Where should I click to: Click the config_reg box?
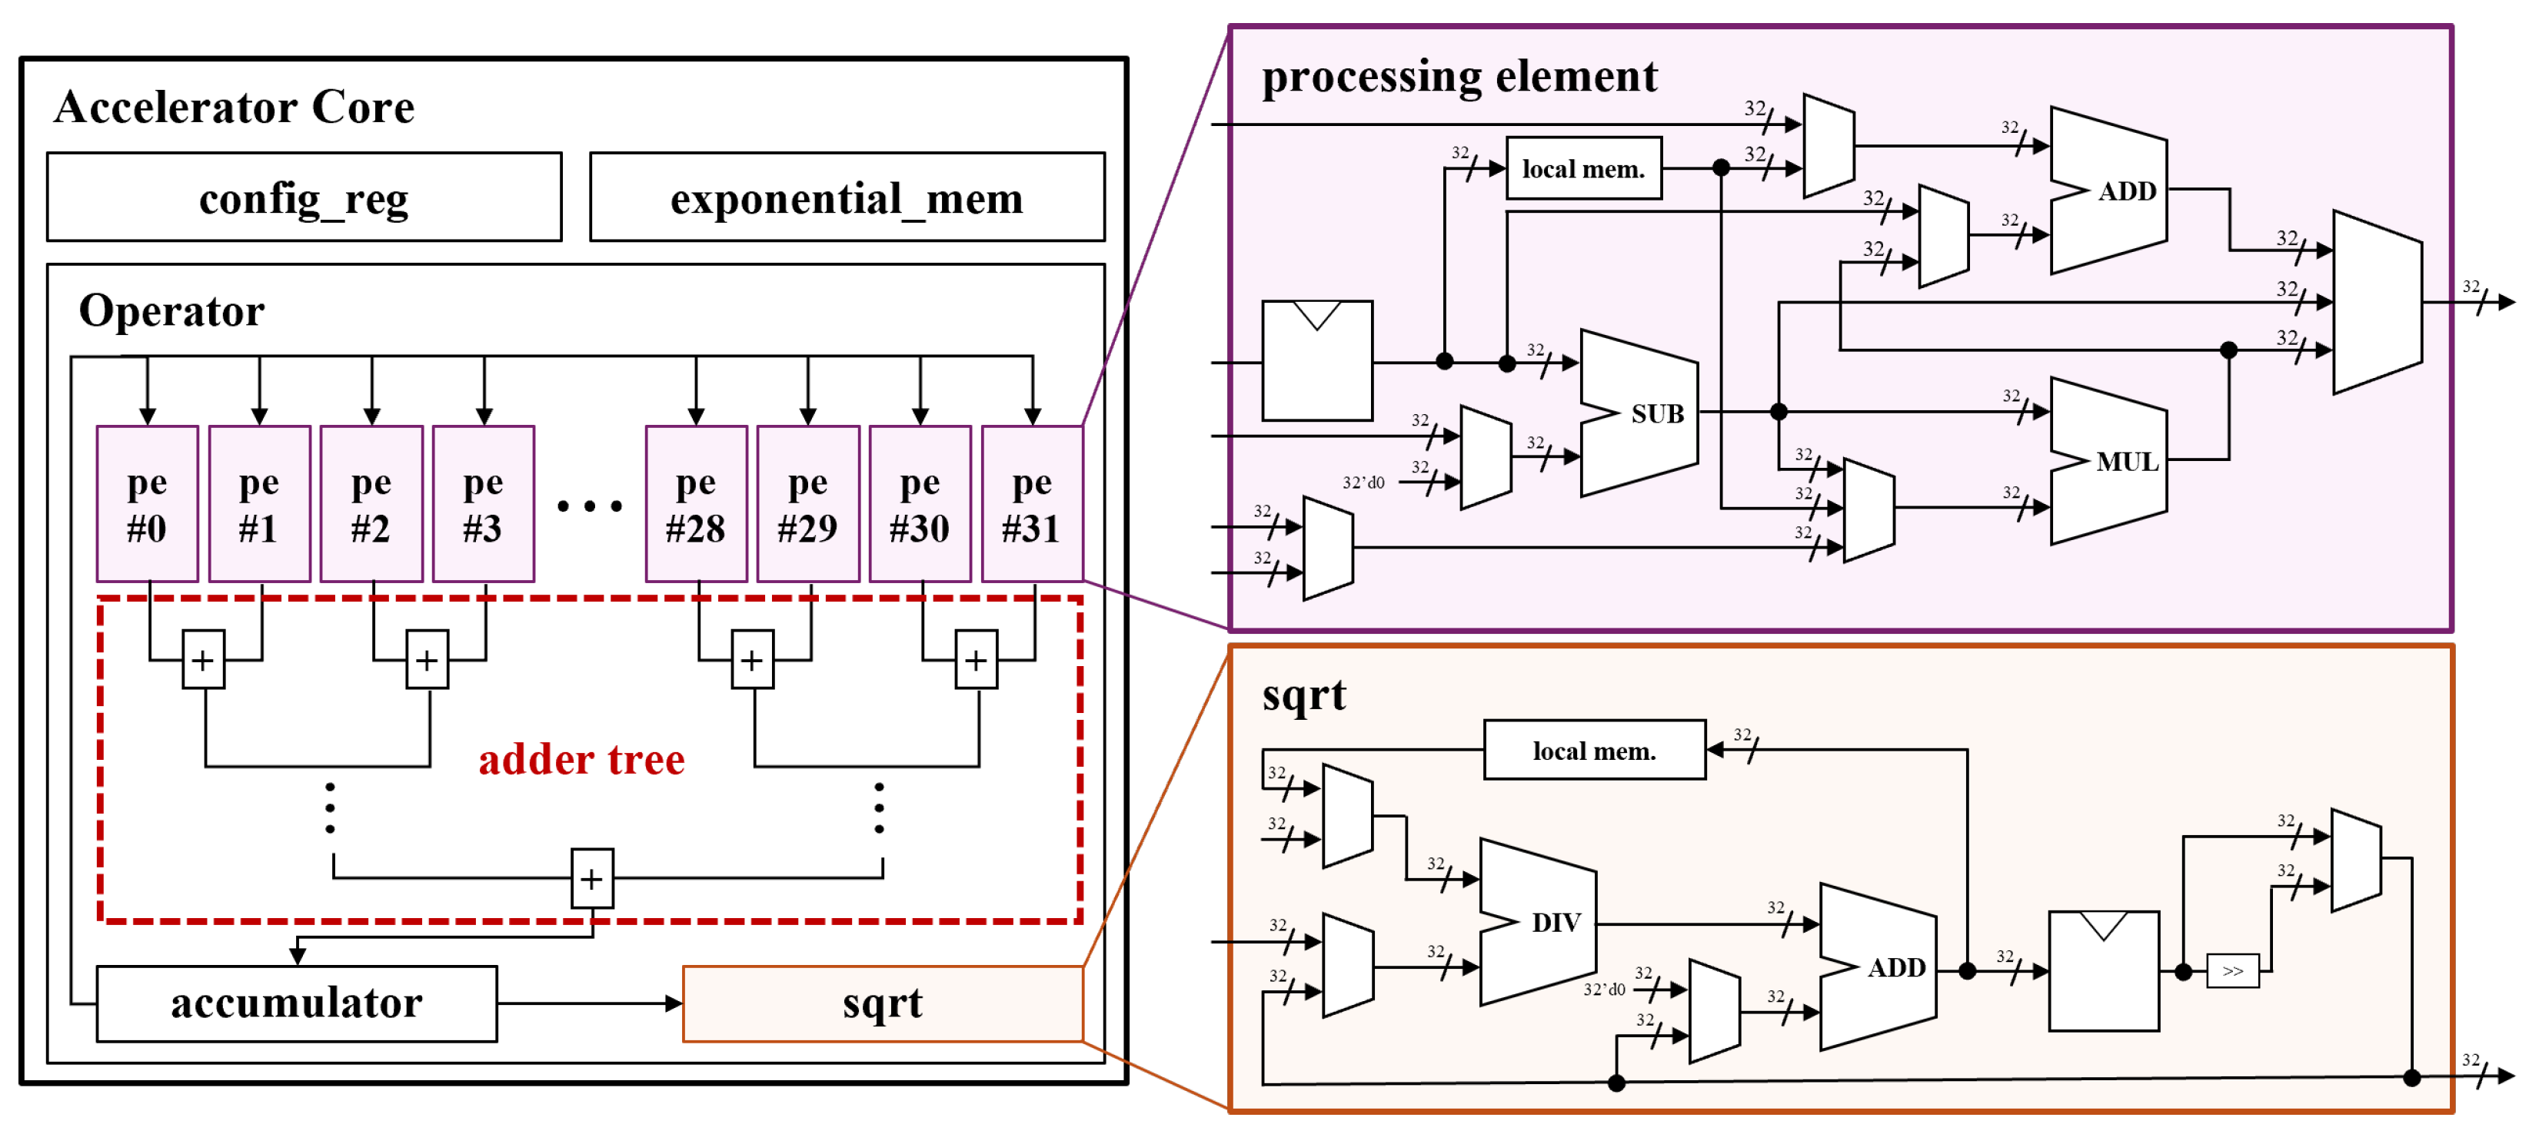(x=304, y=197)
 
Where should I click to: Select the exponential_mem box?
(x=846, y=197)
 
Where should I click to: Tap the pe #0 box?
(x=147, y=503)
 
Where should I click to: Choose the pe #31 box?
(x=1031, y=503)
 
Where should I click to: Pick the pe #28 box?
(x=695, y=503)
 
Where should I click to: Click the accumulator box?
(x=296, y=1003)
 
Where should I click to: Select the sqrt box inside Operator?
(x=882, y=1003)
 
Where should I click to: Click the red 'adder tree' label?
(x=581, y=760)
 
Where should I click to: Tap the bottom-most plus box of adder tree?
(x=591, y=878)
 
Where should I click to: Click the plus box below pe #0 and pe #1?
(x=203, y=659)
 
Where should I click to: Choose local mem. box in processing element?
(x=1583, y=168)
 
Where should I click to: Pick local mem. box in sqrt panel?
(x=1594, y=751)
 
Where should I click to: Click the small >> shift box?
(x=2231, y=971)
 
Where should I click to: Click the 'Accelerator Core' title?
(x=234, y=106)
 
